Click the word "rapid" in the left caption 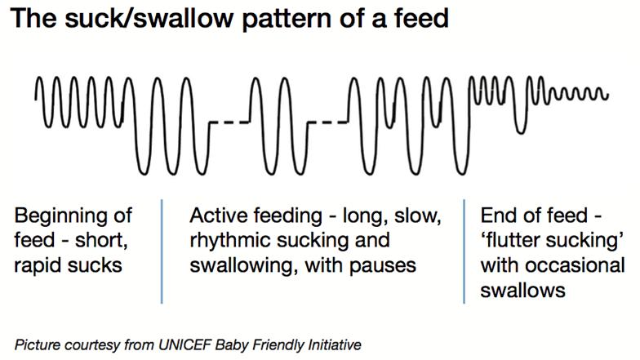coord(38,266)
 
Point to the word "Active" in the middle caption coord(216,216)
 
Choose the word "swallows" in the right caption coord(522,291)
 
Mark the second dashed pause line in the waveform coord(328,122)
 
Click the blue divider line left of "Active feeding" coord(162,251)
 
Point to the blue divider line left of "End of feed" coord(464,251)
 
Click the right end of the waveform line coord(608,96)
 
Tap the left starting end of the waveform coord(36,100)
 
